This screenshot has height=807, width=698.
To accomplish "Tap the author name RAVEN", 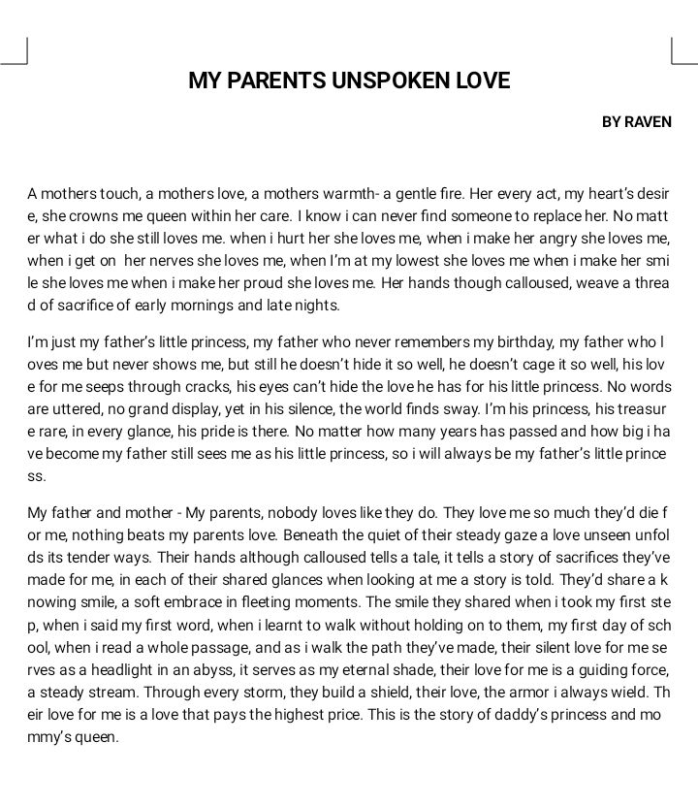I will click(x=648, y=122).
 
